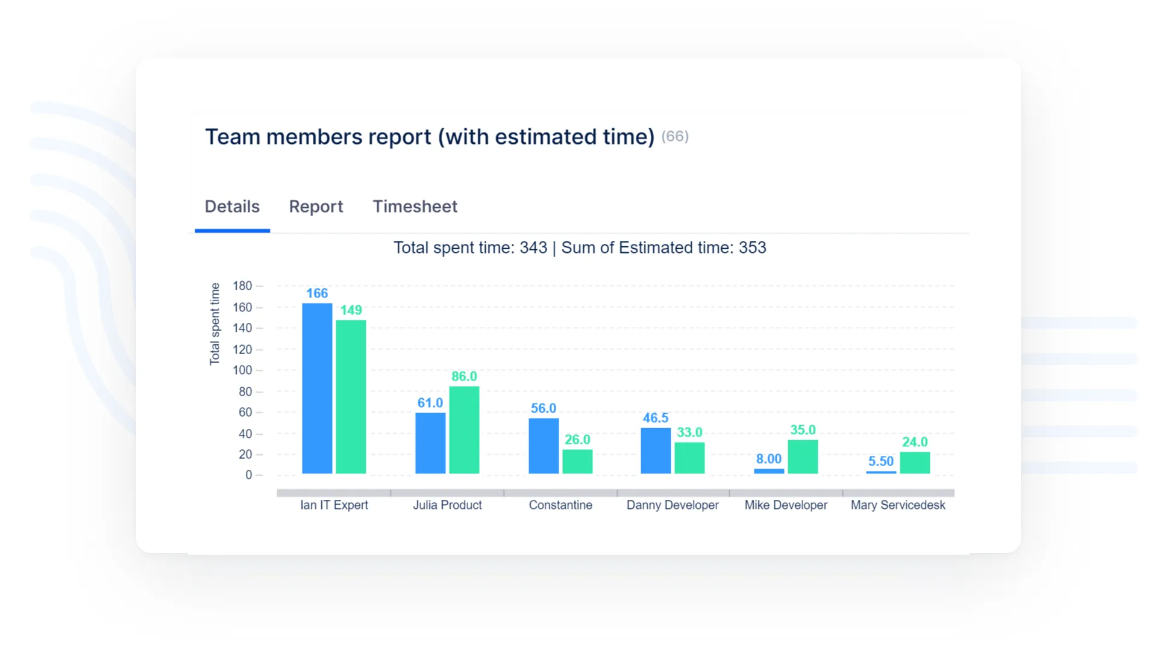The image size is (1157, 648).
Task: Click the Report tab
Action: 316,207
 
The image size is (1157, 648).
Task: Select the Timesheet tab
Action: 415,207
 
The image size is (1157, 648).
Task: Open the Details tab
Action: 232,207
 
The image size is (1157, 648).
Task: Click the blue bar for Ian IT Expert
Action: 317,388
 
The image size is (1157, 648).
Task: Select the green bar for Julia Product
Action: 464,430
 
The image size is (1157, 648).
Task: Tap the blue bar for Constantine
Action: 544,446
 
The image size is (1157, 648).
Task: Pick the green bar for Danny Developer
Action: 689,458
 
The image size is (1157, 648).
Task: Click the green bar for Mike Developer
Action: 803,457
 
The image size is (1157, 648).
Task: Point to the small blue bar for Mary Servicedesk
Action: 881,472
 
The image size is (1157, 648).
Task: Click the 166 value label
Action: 317,293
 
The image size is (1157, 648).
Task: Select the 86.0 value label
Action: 464,376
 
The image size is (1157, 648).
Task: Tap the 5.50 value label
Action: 881,461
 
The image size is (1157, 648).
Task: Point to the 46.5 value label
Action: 656,418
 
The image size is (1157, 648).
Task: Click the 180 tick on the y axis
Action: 242,286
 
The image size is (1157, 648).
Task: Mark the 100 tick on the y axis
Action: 242,370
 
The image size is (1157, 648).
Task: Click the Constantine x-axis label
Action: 560,505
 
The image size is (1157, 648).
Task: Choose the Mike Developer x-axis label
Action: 786,505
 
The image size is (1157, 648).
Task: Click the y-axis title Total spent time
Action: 215,324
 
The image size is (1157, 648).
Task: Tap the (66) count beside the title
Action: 675,137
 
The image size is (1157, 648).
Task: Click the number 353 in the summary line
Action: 753,248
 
